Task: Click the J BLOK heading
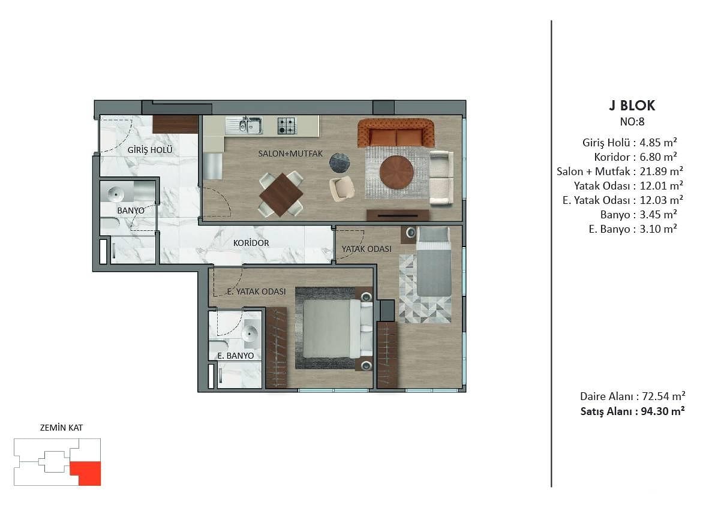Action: pos(632,106)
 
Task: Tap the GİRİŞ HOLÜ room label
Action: pos(150,150)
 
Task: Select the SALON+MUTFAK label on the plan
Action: pos(290,154)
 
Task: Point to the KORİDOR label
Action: pos(251,243)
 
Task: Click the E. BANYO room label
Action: pos(236,356)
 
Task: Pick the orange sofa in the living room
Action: pos(396,133)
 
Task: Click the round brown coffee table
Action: pos(396,172)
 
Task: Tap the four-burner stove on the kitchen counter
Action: pos(287,125)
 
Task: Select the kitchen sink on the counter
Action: pos(245,125)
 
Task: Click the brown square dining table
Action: pos(281,194)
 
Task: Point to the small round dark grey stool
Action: pos(340,163)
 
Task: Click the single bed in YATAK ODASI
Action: pos(434,261)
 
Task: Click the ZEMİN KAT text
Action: pos(62,428)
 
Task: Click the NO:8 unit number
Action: pos(632,122)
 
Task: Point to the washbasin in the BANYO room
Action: pos(115,194)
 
